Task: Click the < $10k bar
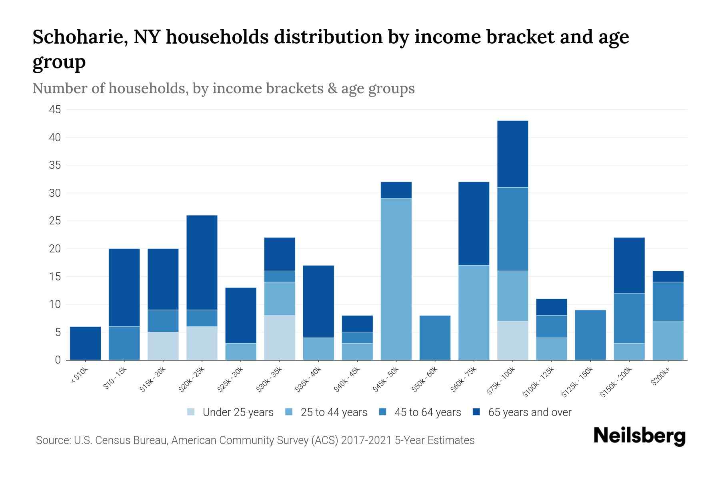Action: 85,343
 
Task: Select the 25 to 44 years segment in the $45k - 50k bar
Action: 396,279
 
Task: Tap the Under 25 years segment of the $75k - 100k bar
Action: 512,340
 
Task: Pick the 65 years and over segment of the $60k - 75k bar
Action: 474,224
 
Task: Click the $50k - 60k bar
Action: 435,338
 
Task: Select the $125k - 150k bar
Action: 590,335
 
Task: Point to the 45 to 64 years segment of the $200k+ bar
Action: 668,302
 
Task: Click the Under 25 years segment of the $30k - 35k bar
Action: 280,338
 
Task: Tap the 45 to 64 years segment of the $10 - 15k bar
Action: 124,343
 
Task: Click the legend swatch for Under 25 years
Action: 191,412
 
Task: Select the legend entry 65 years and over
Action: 529,412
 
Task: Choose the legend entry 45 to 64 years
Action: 427,412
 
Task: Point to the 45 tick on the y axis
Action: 55,110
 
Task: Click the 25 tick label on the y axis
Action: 55,221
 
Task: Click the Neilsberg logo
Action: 639,436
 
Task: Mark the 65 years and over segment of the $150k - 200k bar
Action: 629,265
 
